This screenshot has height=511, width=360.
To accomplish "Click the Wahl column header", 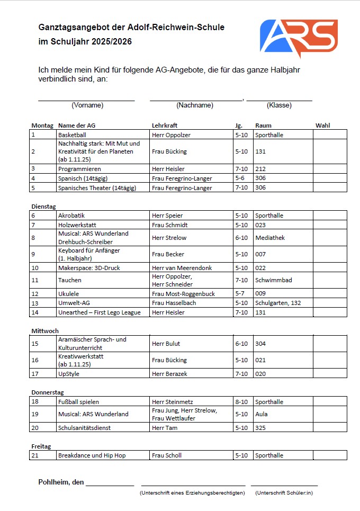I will click(322, 125).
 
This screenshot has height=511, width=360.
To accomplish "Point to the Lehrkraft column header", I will click(164, 125).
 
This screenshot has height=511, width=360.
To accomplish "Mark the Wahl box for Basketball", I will click(330, 135).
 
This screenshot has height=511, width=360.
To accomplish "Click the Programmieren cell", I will click(79, 169).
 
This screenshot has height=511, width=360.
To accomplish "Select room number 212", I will click(260, 169).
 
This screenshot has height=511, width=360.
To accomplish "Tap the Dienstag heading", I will click(43, 206).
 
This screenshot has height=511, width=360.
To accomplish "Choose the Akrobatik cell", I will click(71, 216).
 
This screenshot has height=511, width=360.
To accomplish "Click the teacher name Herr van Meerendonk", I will click(182, 268).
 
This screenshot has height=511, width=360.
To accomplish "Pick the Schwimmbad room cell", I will click(273, 280).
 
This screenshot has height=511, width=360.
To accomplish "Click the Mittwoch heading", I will click(44, 330).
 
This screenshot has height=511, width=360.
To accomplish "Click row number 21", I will click(35, 455).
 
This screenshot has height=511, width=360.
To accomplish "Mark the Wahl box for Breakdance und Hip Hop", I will click(330, 455).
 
